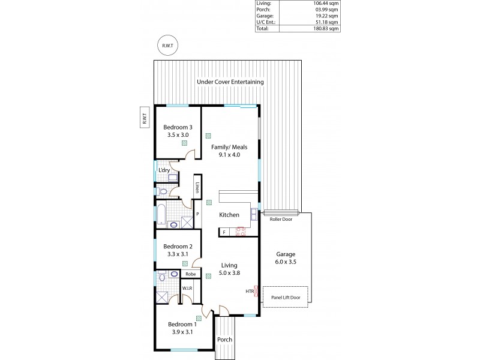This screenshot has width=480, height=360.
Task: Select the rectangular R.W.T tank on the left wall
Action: pos(144,120)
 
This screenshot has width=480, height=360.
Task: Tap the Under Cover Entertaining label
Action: pos(230,82)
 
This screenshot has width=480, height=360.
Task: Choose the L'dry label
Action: pos(164,171)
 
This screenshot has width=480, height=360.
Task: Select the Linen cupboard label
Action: pos(197,187)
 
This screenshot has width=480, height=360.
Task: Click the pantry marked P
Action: pos(196,214)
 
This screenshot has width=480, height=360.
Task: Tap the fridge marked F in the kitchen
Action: pos(224,232)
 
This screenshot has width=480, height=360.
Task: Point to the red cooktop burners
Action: pos(242,231)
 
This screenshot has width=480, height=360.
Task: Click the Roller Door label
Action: pos(280,220)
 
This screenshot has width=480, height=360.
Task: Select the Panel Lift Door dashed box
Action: pos(286,297)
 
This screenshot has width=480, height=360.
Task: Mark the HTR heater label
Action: pos(250,291)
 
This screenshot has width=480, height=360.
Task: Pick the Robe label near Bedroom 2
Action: pos(191,274)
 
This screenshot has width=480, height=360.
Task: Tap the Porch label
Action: pos(225,339)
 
